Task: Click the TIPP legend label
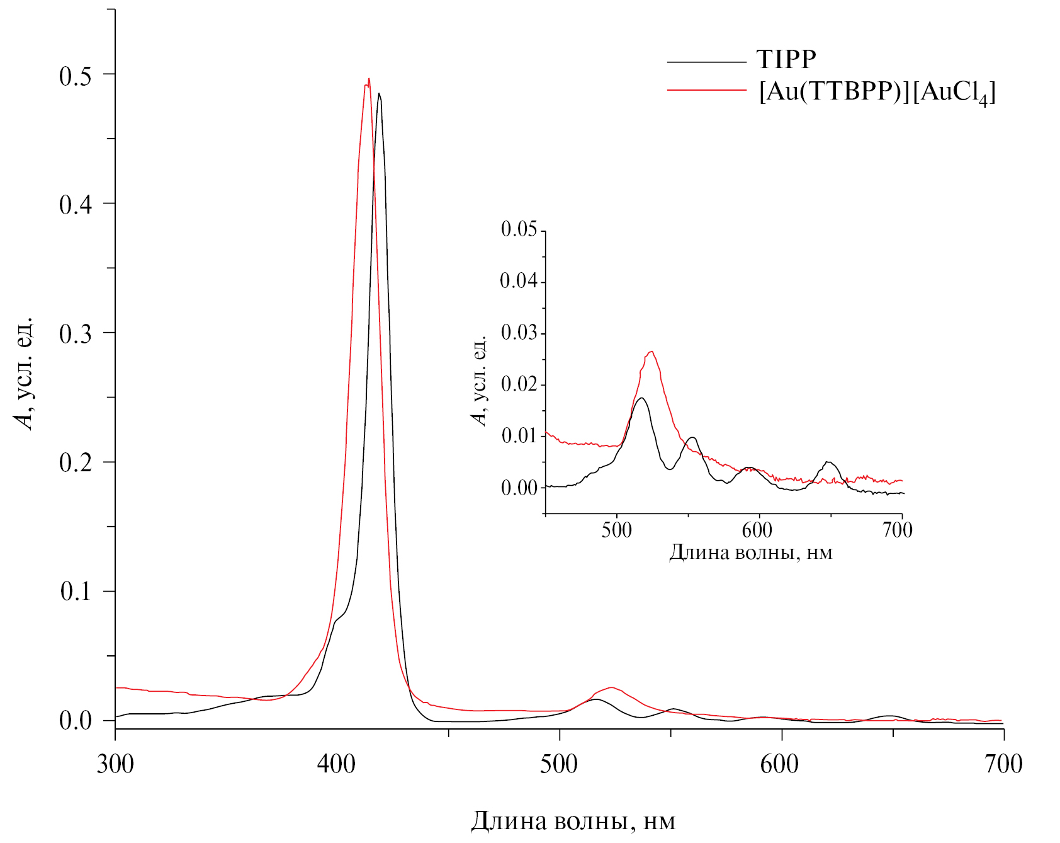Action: point(786,60)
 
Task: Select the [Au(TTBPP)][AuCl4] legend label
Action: point(877,93)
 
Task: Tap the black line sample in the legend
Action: point(706,62)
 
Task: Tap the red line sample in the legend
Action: point(706,91)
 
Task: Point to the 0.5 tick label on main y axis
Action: point(76,76)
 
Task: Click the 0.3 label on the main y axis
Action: point(76,334)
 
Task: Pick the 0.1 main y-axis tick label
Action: point(76,592)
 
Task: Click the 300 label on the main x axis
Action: point(115,764)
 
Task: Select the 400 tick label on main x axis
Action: point(337,764)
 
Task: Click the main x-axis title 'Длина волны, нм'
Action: point(573,822)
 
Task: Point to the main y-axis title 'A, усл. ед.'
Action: point(25,374)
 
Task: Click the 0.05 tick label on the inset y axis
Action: point(519,229)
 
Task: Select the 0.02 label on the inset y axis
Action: point(519,384)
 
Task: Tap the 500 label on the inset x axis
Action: point(616,530)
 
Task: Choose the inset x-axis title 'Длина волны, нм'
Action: point(750,553)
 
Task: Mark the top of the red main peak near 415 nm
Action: point(369,79)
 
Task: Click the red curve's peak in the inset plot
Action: point(652,352)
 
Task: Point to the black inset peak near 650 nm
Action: point(829,462)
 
